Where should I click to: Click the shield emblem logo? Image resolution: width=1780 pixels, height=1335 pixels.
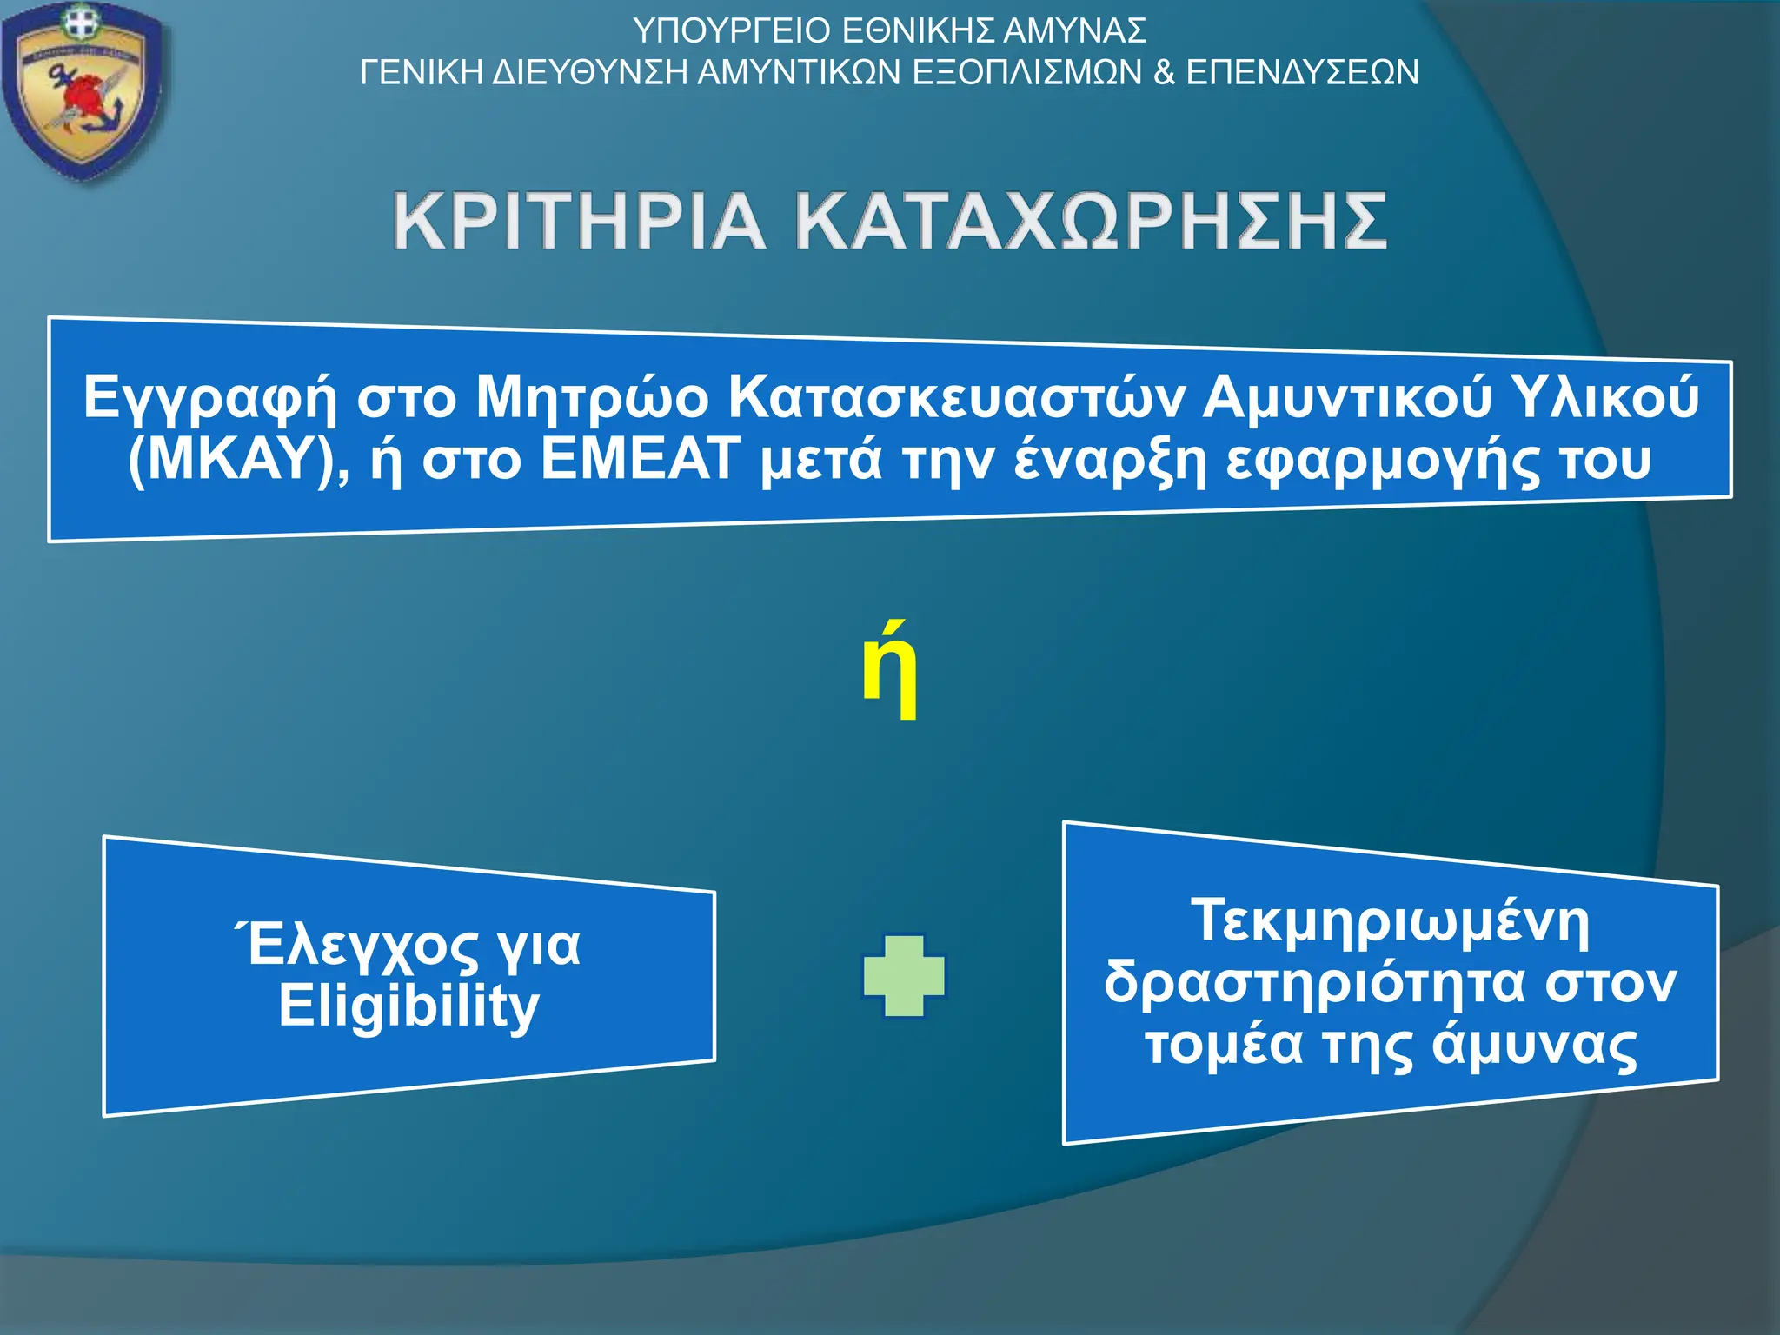point(83,91)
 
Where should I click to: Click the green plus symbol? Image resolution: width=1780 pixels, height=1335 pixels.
point(904,976)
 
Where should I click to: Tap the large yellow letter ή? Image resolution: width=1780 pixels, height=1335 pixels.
point(889,671)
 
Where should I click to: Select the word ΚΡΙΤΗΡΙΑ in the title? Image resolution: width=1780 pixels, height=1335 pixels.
point(579,222)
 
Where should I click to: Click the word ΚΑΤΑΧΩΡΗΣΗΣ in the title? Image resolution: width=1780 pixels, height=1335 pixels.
point(1092,222)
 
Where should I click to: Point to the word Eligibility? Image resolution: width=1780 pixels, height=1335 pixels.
point(408,1006)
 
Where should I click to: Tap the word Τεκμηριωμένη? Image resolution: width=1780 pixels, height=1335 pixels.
point(1390,921)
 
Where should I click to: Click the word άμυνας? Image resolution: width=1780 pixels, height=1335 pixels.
point(1534,1044)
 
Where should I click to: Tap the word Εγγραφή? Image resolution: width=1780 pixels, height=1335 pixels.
point(209,399)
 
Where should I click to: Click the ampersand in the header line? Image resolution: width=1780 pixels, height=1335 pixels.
point(1164,71)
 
